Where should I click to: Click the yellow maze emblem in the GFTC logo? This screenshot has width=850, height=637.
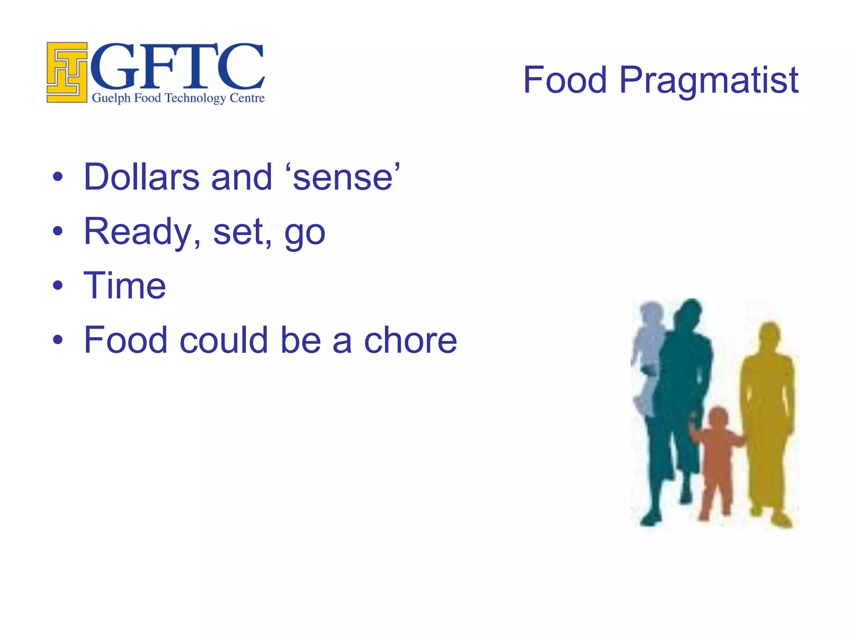[67, 72]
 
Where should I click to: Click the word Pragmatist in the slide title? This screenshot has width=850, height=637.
[708, 80]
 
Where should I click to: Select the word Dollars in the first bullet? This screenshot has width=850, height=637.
[142, 177]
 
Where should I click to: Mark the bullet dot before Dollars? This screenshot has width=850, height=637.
[58, 177]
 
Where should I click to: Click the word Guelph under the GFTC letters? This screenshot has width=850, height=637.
[111, 98]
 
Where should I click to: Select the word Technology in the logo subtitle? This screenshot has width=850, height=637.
[195, 98]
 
